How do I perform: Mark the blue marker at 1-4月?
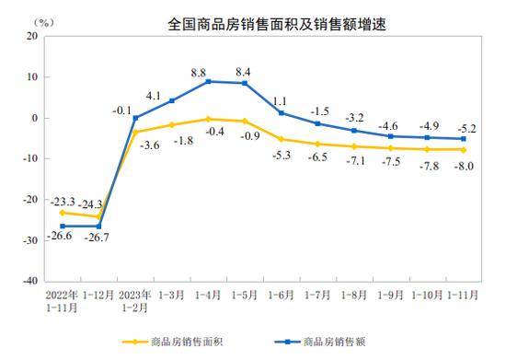click(x=208, y=82)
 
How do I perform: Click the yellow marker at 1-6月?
click(x=281, y=139)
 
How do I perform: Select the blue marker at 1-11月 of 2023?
click(x=463, y=139)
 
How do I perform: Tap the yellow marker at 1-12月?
click(x=98, y=217)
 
